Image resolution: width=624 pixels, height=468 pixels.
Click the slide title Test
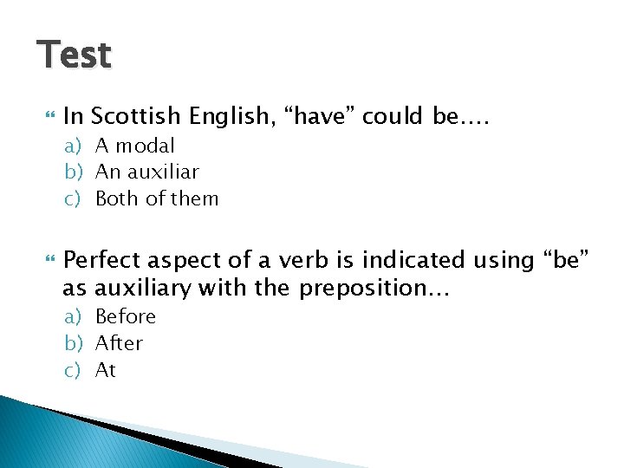coord(75,55)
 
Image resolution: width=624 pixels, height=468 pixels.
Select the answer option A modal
coord(134,146)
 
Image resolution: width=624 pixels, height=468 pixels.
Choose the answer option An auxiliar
coord(146,172)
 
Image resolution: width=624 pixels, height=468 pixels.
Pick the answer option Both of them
coord(156,198)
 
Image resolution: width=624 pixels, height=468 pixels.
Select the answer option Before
coord(125,316)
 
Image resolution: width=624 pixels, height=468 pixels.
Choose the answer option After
coord(119,343)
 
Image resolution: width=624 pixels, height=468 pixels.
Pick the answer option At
coord(105,370)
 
